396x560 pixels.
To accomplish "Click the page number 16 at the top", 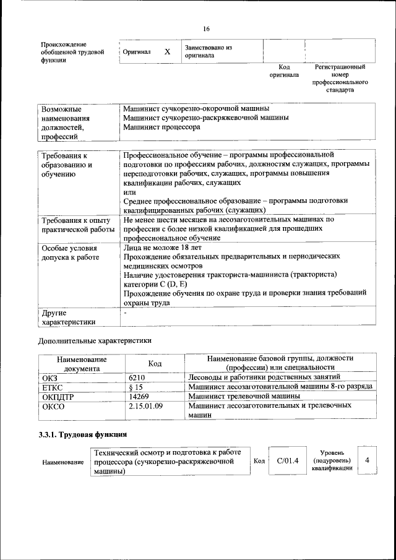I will (x=206, y=29).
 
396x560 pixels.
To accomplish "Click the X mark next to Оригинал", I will (x=167, y=52).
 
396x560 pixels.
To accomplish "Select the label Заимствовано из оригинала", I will (x=207, y=51).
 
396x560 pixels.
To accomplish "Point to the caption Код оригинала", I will (x=284, y=71).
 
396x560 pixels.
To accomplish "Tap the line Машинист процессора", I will (x=161, y=127).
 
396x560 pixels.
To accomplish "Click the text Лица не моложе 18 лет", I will (x=162, y=248).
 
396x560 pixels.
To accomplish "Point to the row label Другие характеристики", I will (x=68, y=317).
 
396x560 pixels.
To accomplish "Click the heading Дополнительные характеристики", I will (x=95, y=340).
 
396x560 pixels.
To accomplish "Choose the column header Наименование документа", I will (x=82, y=363).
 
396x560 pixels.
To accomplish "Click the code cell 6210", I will (x=137, y=377).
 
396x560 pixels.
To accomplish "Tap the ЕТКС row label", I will (x=53, y=387).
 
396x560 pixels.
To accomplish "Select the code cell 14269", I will (x=140, y=396).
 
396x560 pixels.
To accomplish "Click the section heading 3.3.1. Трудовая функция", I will (x=84, y=434).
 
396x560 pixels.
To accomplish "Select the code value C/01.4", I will (x=287, y=461).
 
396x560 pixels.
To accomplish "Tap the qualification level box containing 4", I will (x=368, y=460).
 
